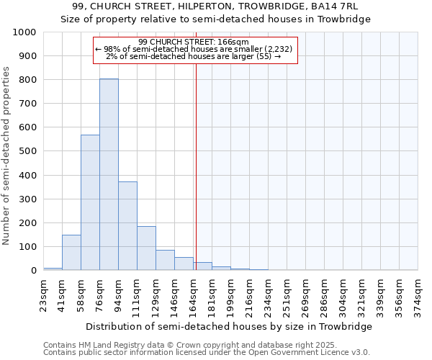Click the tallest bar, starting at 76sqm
(109, 174)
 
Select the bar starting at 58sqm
(90, 202)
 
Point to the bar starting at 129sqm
(165, 260)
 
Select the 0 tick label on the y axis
(33, 271)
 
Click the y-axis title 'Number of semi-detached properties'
(6, 156)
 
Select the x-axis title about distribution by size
(228, 326)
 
